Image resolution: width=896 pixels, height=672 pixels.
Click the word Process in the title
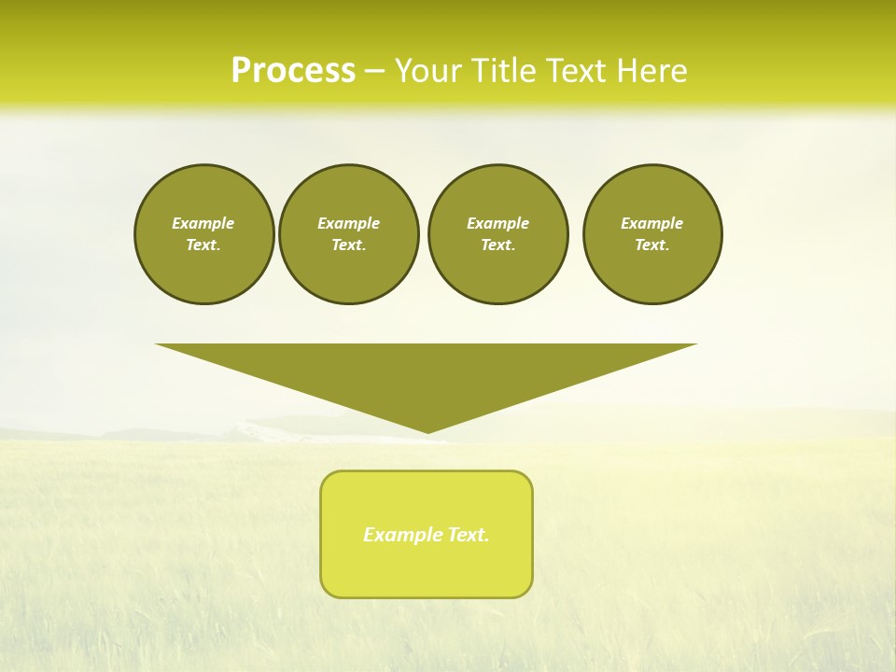coord(293,71)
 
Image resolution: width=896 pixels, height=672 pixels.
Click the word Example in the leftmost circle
coord(203,223)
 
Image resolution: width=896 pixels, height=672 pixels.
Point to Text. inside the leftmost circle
coord(203,245)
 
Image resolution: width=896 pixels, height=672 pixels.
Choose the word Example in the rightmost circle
coord(652,223)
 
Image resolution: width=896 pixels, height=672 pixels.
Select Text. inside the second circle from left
coord(349,245)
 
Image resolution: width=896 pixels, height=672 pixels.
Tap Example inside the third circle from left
coord(497,223)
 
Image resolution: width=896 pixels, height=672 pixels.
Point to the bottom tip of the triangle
coord(427,430)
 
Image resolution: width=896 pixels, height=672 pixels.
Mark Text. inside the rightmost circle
coord(652,245)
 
